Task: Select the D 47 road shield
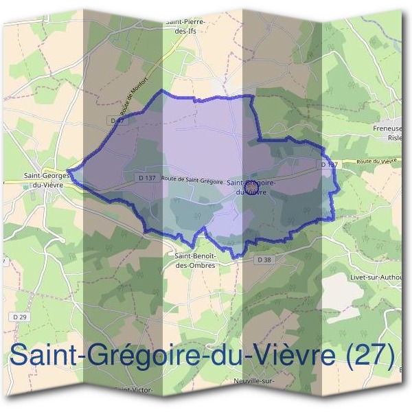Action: (115, 120)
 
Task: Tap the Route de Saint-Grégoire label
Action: (192, 179)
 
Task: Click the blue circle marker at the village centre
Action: (251, 185)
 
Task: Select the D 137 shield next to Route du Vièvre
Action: (329, 165)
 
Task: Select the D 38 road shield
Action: (264, 260)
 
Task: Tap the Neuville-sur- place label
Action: (254, 380)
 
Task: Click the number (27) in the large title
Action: (371, 355)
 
